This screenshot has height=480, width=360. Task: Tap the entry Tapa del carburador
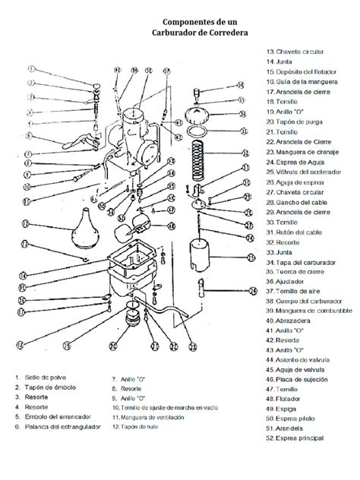pyautogui.click(x=306, y=261)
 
